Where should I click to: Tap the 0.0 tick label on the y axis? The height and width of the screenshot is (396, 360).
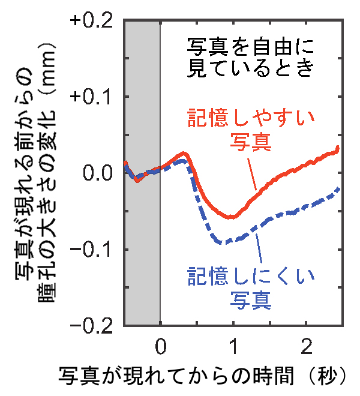(x=98, y=173)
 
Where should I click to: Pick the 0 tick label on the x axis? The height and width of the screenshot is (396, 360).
(x=160, y=347)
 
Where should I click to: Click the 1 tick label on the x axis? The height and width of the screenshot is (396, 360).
(x=233, y=347)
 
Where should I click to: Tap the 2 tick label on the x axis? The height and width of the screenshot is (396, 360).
(x=305, y=347)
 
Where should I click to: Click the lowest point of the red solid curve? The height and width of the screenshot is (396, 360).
(x=231, y=217)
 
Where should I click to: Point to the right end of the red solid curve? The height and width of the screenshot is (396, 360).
(x=338, y=148)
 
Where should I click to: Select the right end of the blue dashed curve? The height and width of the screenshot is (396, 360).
(x=340, y=188)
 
